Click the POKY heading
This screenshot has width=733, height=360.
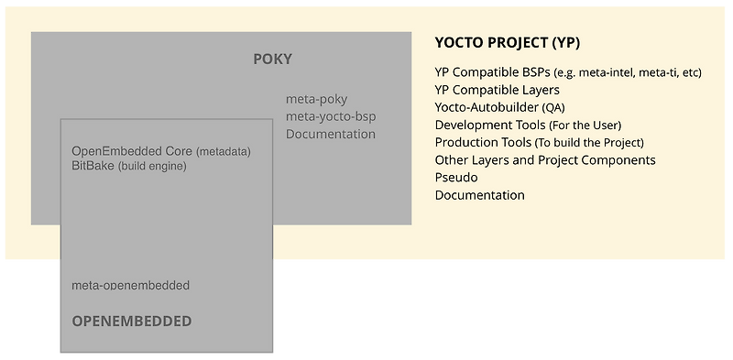click(272, 60)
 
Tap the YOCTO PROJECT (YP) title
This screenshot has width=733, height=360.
click(507, 43)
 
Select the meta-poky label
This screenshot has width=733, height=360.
click(316, 99)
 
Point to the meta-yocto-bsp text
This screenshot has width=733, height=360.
click(331, 116)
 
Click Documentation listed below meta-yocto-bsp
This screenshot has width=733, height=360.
click(331, 134)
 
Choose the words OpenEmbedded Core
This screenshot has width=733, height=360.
click(132, 150)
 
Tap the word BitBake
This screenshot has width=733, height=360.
click(93, 166)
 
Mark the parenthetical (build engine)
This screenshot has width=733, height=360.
click(152, 167)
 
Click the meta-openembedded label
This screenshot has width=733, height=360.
click(130, 285)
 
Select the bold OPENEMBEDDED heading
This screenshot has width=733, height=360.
click(132, 321)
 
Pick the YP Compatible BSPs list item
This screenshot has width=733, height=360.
click(493, 72)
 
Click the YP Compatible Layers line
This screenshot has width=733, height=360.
click(497, 90)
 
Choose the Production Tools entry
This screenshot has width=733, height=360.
click(483, 142)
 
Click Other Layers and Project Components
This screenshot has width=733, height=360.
click(545, 159)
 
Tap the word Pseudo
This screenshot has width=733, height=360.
click(456, 177)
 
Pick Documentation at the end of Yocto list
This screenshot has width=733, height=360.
click(479, 194)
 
